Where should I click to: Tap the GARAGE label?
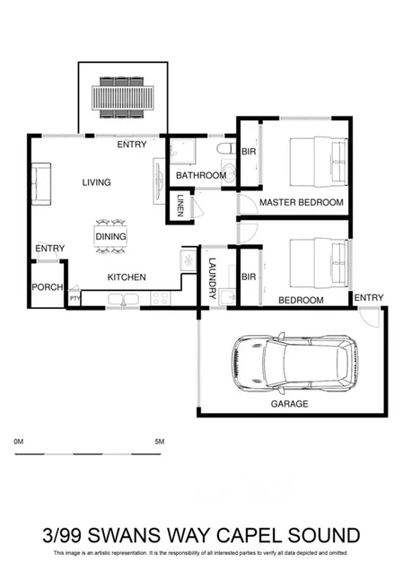289,404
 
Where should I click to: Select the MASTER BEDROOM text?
301,203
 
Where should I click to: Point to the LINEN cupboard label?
180,206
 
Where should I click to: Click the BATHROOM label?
200,175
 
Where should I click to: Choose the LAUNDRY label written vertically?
212,277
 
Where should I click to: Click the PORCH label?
47,287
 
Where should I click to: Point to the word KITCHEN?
127,277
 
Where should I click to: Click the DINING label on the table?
110,236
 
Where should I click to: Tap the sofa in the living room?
39,183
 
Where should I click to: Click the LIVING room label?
96,182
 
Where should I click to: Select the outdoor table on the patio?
123,93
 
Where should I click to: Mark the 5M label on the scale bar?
161,442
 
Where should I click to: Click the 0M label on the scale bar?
20,442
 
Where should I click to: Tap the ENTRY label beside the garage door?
368,298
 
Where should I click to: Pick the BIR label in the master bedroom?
249,152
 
